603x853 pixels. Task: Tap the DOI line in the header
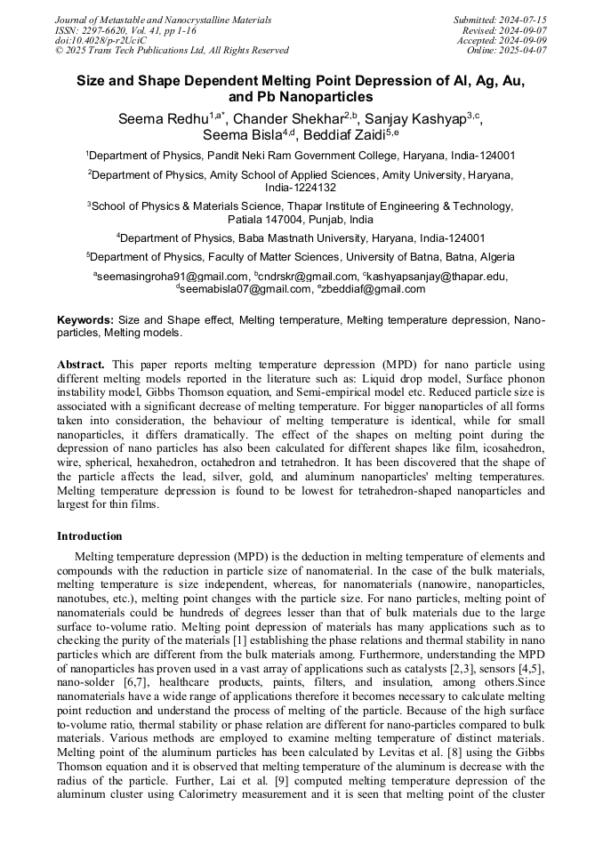(100, 40)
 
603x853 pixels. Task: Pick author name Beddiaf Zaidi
(344, 135)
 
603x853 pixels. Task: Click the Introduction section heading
(90, 536)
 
